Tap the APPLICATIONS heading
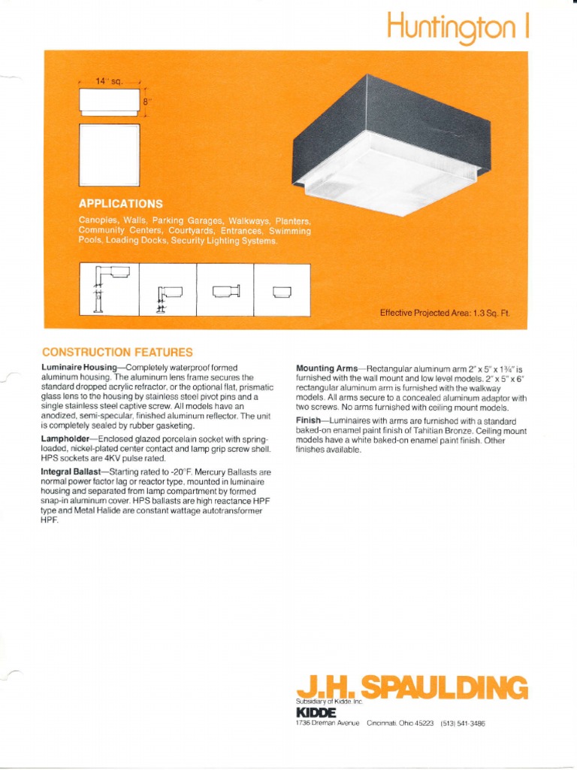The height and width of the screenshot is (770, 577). coord(120,204)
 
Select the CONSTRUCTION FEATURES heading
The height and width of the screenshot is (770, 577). coord(116,352)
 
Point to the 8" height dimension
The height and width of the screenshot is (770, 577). coord(148,102)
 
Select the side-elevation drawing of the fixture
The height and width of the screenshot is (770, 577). coord(110,102)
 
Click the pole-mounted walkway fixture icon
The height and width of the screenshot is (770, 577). coord(109,289)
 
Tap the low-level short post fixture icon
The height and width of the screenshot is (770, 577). coord(168,296)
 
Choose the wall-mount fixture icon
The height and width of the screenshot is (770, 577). coord(225,291)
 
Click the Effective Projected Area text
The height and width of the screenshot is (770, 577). coord(444,313)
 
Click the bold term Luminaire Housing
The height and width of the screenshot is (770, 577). coord(78,367)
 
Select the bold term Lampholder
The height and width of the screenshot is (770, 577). coord(68,438)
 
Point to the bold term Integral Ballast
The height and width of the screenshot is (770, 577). coord(74,472)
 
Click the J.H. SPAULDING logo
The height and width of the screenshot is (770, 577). coord(412,686)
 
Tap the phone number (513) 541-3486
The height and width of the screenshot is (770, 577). coord(467,723)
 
